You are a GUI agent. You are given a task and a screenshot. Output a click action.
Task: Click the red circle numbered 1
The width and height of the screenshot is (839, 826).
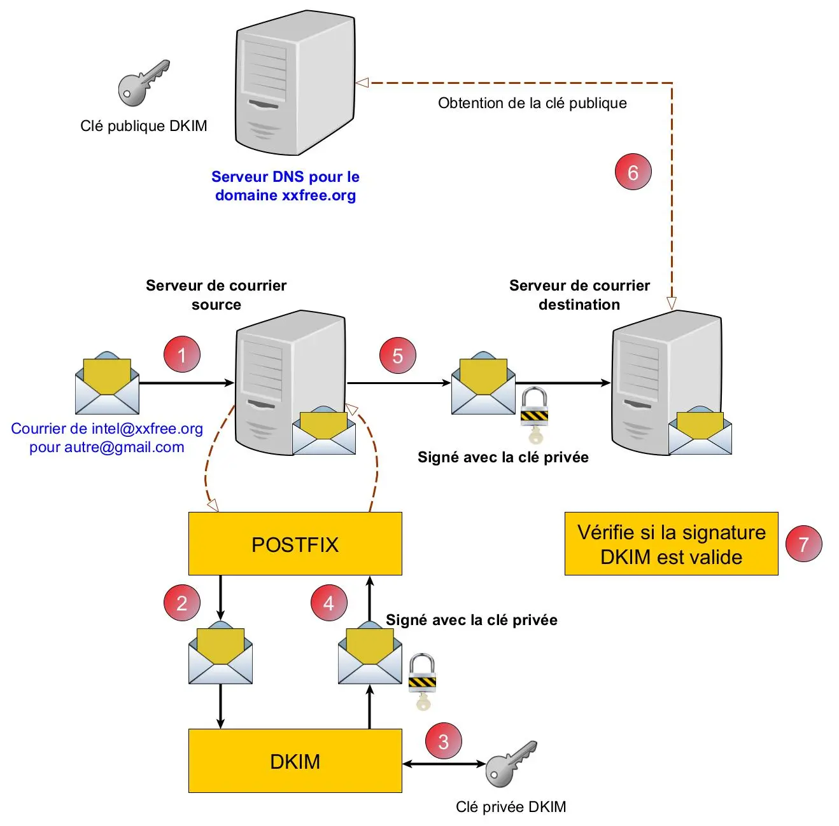[182, 355]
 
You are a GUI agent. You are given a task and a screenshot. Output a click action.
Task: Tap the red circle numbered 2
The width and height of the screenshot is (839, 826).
[182, 603]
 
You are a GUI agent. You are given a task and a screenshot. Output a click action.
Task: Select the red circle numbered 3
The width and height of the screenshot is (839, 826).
[443, 741]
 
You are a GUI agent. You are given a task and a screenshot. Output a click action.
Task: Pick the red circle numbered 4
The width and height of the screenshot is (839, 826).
[328, 603]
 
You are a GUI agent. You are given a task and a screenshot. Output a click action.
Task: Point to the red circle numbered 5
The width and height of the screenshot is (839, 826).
[398, 355]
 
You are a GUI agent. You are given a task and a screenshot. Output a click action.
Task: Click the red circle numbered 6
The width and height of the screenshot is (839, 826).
[633, 172]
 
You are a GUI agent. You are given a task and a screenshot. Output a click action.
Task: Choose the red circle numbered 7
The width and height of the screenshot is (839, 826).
[803, 544]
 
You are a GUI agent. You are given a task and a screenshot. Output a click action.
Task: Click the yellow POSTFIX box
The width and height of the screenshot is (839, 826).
[295, 544]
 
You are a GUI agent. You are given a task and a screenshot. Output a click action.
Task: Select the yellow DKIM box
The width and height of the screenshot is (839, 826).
[295, 761]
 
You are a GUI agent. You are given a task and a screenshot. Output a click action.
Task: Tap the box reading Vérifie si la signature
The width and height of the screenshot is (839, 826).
[671, 544]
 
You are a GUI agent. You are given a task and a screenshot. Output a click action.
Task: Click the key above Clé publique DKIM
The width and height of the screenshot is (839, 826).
[144, 83]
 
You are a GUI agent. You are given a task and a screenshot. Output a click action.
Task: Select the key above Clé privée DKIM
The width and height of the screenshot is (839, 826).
[511, 763]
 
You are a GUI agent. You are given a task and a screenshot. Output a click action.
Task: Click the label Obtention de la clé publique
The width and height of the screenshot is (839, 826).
[532, 103]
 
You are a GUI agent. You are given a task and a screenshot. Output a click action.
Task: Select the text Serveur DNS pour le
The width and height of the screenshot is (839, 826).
[285, 177]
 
